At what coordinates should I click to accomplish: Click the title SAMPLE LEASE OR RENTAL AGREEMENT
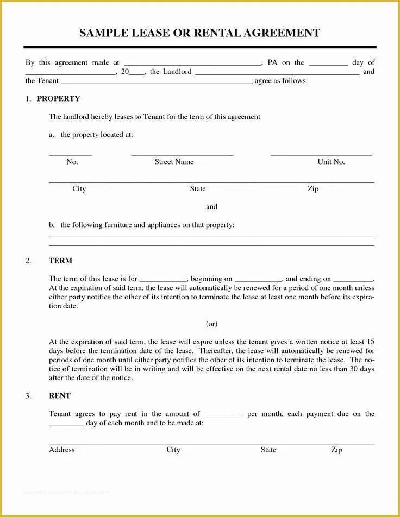199,33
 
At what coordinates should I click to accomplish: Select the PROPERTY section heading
58,99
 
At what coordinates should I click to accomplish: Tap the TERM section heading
60,261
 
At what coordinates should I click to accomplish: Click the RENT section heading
60,396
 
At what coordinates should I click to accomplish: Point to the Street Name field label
174,162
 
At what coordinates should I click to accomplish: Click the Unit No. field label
331,162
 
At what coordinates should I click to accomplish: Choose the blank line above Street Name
182,155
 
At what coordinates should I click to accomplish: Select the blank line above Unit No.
321,155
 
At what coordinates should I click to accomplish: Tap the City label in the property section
79,189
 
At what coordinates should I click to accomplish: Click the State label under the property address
198,189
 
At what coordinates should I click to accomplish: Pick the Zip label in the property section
313,189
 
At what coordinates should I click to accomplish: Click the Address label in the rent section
62,450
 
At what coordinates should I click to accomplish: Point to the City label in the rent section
173,450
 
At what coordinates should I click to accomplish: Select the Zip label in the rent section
336,450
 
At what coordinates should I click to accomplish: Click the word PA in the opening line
272,62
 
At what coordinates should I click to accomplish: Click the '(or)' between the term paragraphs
211,324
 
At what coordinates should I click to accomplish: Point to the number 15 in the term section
370,342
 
